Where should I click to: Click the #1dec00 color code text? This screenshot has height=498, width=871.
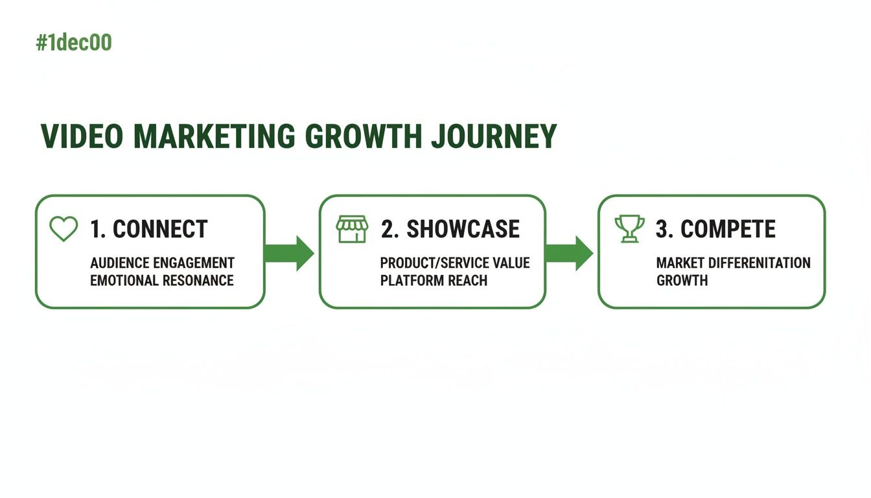(x=74, y=43)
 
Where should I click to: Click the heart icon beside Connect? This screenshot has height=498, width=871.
(x=64, y=229)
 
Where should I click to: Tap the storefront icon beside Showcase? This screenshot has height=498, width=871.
(x=352, y=229)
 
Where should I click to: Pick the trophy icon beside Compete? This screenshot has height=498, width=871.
(x=629, y=229)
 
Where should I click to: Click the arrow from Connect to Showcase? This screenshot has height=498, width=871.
(x=289, y=253)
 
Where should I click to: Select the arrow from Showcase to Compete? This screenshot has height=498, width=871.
(x=569, y=253)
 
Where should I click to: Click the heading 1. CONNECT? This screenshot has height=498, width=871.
(x=148, y=229)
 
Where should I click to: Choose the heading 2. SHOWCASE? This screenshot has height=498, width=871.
(x=450, y=229)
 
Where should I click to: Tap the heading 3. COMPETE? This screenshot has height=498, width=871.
(x=715, y=229)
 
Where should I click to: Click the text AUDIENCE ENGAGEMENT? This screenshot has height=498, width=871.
(x=162, y=263)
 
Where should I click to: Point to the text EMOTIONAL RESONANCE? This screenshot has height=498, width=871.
(x=162, y=281)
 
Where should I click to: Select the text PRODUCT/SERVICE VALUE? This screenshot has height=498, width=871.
(x=455, y=263)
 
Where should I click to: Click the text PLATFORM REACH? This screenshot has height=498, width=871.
(x=434, y=281)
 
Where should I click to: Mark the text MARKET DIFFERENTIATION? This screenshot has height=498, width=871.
(x=733, y=263)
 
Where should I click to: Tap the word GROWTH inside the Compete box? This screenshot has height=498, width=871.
(x=682, y=281)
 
